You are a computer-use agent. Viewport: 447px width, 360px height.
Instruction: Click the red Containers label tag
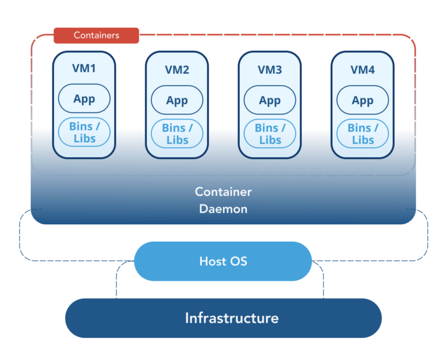[x=96, y=36]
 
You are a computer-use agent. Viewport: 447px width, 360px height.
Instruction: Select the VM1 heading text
[x=84, y=68]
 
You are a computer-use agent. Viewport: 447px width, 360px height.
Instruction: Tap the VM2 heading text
[x=177, y=70]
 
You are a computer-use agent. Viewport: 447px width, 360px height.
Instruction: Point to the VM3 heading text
[x=269, y=70]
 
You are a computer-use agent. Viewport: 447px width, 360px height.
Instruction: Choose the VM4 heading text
[x=363, y=70]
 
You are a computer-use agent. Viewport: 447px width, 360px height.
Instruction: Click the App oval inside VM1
[x=84, y=98]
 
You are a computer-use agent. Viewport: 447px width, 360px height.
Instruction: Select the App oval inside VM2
[x=177, y=100]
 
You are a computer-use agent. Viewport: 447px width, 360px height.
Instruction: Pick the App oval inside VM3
[x=269, y=100]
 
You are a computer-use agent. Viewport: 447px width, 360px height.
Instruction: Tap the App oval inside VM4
[x=363, y=100]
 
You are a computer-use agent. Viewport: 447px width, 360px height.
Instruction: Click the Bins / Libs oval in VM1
[x=84, y=132]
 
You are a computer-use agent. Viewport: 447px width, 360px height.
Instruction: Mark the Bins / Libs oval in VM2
[x=177, y=134]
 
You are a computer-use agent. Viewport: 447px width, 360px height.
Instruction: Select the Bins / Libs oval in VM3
[x=269, y=134]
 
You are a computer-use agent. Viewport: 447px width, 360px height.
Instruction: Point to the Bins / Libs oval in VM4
[x=363, y=134]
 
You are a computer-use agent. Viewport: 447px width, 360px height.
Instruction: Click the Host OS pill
[x=223, y=261]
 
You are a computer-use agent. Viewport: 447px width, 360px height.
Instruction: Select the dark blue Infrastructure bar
[x=223, y=318]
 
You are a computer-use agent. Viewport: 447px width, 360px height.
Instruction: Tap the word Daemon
[x=223, y=209]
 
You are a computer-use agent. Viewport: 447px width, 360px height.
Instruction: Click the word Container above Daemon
[x=223, y=192]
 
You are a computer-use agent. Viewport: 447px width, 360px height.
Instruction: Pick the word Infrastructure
[x=232, y=318]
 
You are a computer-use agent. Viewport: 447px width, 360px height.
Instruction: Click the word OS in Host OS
[x=239, y=261]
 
